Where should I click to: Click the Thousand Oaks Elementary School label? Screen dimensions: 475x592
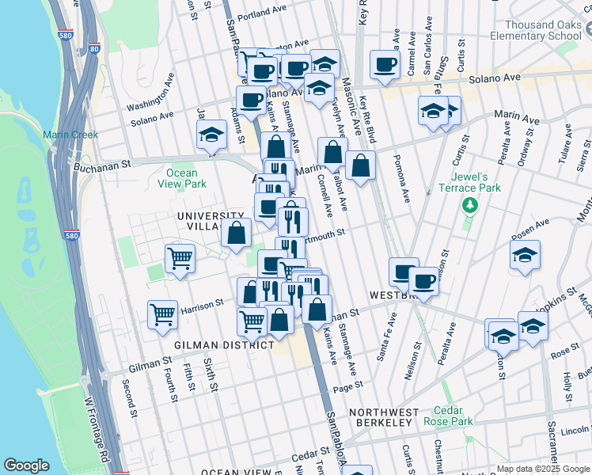[x=535, y=30]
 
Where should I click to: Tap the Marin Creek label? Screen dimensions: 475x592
[x=70, y=135]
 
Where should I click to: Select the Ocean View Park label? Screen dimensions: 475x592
[x=182, y=178]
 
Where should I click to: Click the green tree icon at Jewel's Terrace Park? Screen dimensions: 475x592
[x=470, y=206]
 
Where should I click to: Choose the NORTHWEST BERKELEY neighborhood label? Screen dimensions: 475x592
[x=383, y=417]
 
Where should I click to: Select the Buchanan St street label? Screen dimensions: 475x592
[x=101, y=166]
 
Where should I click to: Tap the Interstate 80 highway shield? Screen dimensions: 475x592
[x=94, y=49]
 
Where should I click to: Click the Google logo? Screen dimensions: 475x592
[x=26, y=465]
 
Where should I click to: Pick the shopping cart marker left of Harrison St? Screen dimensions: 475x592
[x=163, y=313]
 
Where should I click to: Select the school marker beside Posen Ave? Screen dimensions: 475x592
[x=525, y=256]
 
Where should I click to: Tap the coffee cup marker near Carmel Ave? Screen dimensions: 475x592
[x=385, y=65]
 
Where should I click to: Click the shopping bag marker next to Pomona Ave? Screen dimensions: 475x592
[x=360, y=166]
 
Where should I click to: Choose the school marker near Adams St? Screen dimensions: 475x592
[x=212, y=135]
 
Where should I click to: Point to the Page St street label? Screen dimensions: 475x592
[x=347, y=385]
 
